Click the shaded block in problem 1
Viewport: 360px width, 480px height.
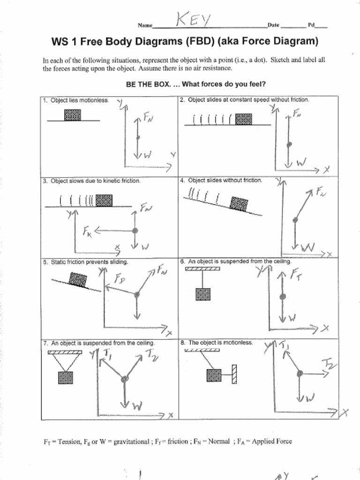tap(72, 115)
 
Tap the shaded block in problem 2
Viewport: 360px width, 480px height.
tap(243, 119)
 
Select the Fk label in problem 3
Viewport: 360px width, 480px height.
tap(88, 231)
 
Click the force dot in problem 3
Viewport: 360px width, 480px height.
tap(135, 231)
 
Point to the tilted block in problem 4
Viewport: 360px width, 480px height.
tap(239, 204)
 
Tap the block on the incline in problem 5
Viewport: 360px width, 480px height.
tap(78, 280)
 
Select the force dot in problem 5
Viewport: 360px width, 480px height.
tap(137, 295)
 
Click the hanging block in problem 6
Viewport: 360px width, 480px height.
tap(203, 294)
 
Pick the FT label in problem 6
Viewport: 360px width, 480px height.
tap(296, 274)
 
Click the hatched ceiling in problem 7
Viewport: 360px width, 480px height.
tap(65, 352)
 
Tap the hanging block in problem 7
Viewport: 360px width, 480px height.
tap(65, 377)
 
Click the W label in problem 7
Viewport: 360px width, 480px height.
tap(137, 406)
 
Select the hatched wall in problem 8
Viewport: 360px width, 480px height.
tap(234, 374)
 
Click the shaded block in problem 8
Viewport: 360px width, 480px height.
tap(214, 375)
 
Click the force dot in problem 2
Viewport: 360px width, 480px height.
tap(289, 144)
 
